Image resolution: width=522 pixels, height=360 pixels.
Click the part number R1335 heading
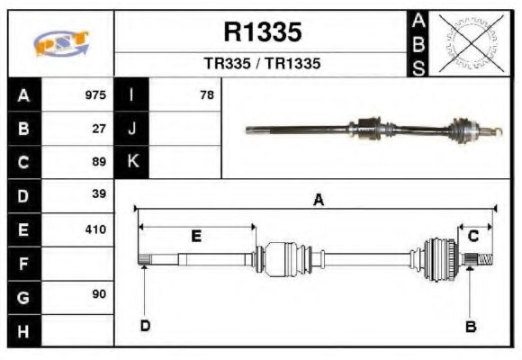262,32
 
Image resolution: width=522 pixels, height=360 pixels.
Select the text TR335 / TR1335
262,65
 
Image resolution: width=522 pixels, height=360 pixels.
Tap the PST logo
61,44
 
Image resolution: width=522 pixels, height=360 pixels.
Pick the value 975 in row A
95,94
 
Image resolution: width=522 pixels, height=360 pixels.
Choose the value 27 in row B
100,129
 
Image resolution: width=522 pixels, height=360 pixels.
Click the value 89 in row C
100,163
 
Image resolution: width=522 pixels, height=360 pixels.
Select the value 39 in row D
100,194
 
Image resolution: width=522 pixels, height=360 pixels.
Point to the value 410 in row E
95,229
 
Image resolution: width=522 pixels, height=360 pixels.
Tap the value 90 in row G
100,295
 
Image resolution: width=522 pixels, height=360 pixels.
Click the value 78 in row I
206,94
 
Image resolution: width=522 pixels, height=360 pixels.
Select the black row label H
23,331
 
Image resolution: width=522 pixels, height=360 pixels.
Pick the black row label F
23,264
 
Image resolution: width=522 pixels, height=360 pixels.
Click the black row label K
132,162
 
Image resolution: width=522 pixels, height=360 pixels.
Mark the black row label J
132,129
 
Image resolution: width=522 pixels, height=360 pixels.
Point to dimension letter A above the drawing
318,200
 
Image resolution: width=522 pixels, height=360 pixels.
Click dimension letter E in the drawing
196,236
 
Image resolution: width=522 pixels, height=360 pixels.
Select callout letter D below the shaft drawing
144,325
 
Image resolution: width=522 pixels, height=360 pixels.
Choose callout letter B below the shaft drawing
469,326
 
